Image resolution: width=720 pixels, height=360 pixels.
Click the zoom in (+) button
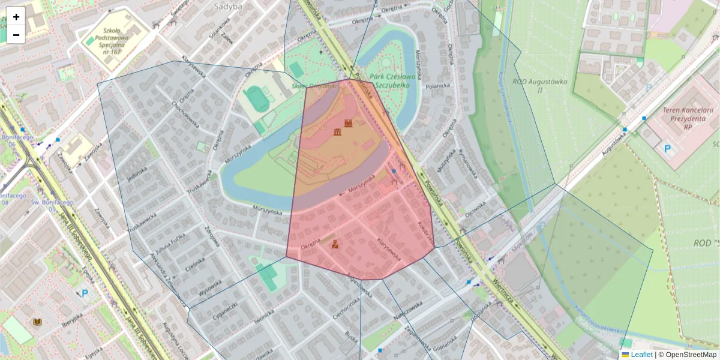tap(16, 17)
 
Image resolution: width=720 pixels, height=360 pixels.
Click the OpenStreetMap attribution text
tap(691, 355)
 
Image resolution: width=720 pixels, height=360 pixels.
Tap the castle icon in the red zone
tap(348, 123)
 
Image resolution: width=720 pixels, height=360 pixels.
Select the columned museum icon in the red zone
tap(337, 131)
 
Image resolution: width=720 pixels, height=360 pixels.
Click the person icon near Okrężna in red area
tap(335, 244)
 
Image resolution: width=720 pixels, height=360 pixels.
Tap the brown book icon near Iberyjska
tap(37, 322)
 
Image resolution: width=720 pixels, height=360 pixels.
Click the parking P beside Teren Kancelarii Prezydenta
tap(667, 148)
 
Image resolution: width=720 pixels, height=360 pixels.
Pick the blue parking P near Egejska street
tap(85, 294)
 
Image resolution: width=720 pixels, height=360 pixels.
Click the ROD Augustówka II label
tap(527, 85)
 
